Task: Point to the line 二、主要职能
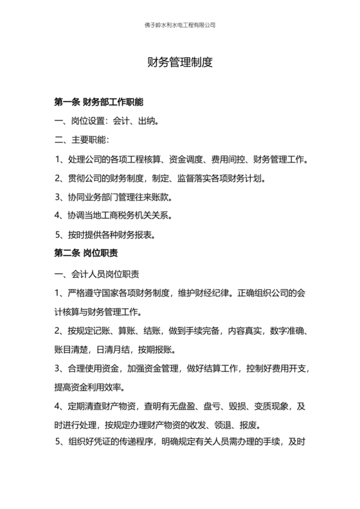tap(82, 139)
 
